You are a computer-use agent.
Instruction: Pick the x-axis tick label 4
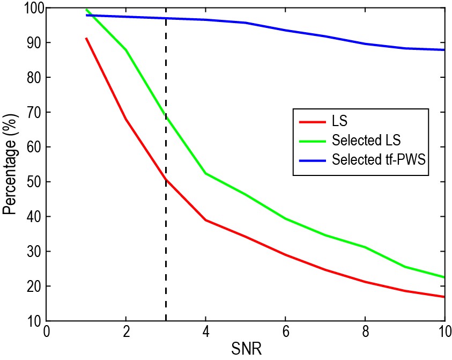pos(205,331)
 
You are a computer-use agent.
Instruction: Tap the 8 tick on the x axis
pos(365,331)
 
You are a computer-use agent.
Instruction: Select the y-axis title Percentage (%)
pos(10,165)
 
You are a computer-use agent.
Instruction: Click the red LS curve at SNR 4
pos(205,220)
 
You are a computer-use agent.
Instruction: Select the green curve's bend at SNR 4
pos(205,173)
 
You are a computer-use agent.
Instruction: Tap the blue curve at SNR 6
pos(285,30)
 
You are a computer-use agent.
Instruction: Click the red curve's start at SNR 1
pos(86,39)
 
